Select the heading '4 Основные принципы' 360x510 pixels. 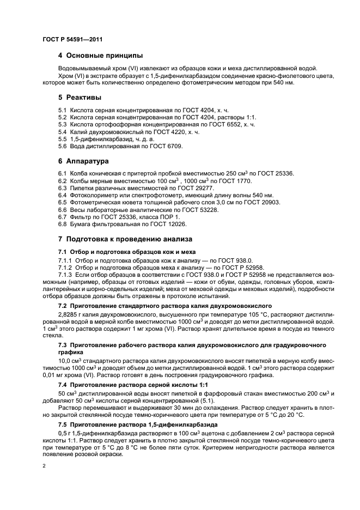pyautogui.click(x=100, y=56)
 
